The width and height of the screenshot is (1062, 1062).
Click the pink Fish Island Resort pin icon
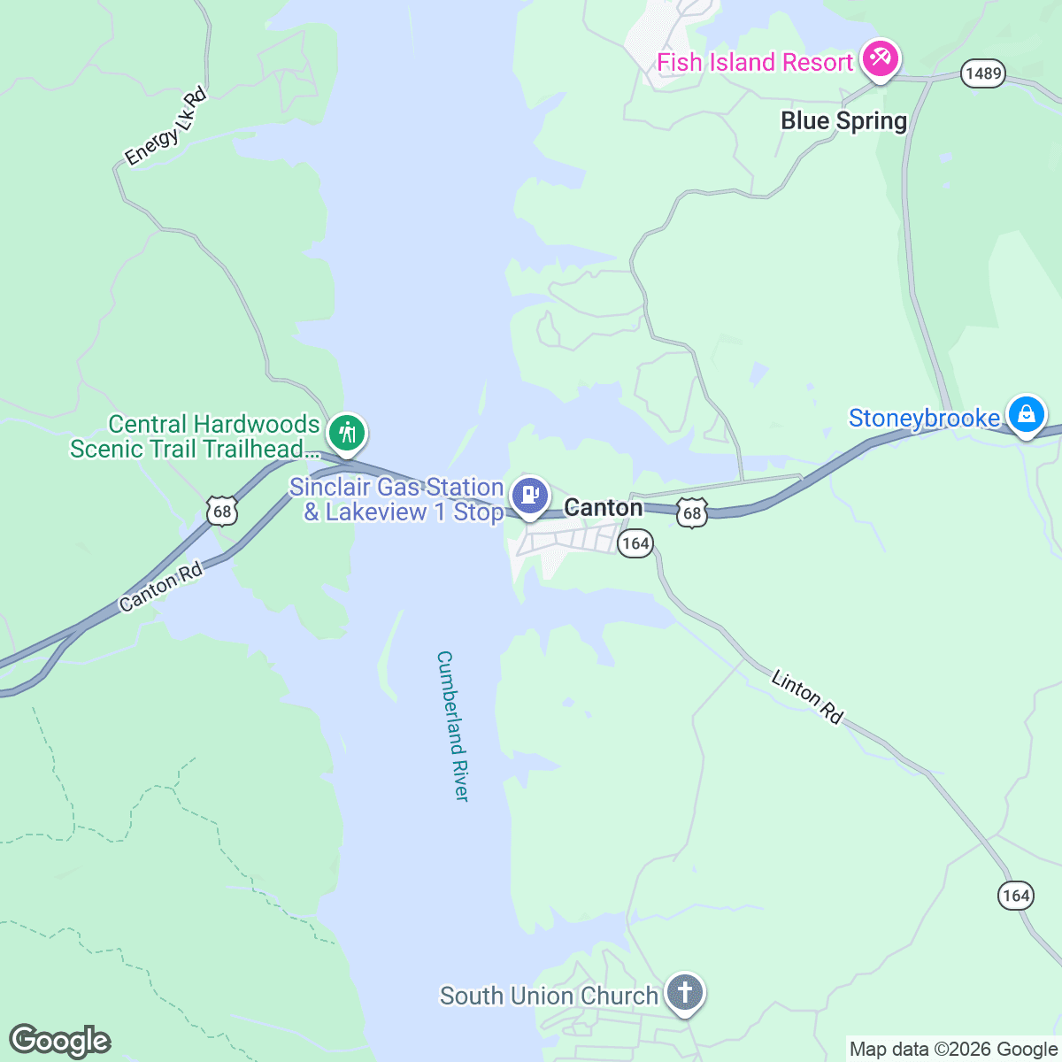880,59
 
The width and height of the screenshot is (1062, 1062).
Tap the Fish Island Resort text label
754,63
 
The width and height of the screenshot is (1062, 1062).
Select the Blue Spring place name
843,121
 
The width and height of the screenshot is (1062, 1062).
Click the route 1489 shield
983,73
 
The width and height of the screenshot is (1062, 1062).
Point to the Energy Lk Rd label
165,127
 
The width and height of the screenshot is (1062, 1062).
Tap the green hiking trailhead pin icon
347,434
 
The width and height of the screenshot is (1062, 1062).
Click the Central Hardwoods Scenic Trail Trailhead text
195,437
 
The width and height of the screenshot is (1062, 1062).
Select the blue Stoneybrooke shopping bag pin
1026,413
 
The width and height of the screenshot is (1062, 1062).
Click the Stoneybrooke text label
924,418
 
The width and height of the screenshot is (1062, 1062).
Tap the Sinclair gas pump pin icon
530,495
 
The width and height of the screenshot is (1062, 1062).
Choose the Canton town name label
604,508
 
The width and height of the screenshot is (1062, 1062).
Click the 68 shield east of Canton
692,512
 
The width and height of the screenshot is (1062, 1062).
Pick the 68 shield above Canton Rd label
222,511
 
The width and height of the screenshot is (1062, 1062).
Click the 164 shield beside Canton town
635,543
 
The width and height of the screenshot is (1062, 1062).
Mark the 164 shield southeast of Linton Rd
1016,896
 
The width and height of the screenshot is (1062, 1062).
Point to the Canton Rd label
161,587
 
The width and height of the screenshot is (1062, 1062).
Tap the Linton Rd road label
806,697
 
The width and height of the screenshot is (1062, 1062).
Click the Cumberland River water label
452,727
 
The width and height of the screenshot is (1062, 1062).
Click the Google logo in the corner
60,1042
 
